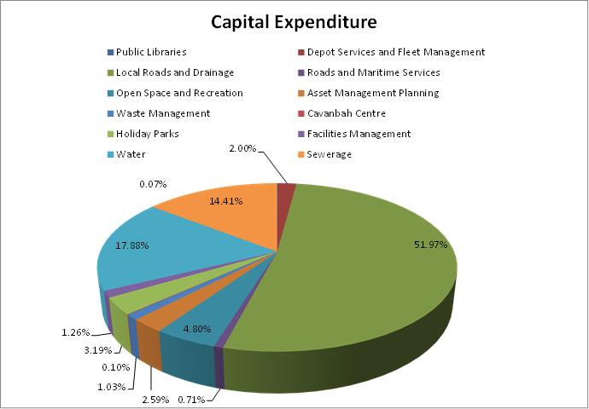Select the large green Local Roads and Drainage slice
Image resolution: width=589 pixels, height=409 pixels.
tap(376, 273)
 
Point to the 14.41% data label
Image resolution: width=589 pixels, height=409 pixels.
tap(226, 202)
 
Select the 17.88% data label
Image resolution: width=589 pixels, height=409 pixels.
tap(132, 245)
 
